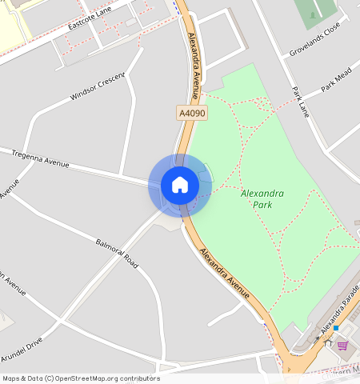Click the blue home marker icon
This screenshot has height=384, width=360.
point(180,185)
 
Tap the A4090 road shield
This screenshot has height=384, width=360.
point(192,114)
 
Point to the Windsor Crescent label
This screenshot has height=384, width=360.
point(98,86)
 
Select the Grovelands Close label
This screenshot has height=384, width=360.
point(314,37)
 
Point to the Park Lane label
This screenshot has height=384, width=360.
point(300,102)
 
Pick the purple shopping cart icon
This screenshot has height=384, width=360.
point(343,345)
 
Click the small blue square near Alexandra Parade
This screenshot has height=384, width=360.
point(337,328)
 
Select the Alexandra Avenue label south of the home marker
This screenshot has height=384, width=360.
point(225,274)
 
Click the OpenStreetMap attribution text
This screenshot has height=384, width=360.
point(80,378)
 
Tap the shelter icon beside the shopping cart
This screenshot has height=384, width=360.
point(327,343)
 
